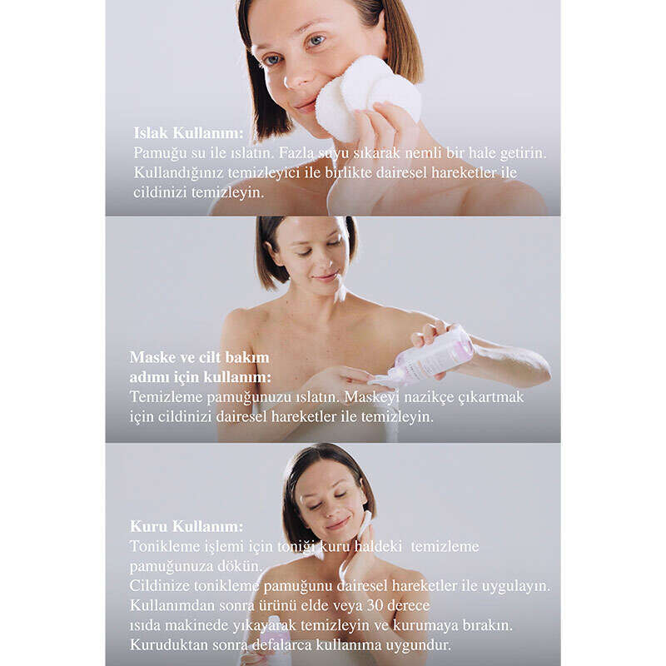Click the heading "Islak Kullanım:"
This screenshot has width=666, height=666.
(189, 133)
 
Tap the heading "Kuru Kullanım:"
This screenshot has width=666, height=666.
(186, 526)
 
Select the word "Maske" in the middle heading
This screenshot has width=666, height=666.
(152, 357)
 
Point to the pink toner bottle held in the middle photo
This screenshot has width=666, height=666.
(429, 357)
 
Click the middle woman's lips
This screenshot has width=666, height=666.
(326, 277)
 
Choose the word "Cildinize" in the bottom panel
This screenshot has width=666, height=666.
(160, 586)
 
